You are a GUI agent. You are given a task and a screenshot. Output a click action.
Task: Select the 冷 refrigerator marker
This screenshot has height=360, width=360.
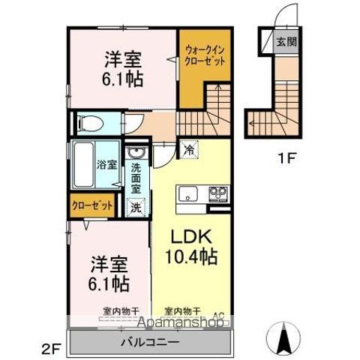(189, 150)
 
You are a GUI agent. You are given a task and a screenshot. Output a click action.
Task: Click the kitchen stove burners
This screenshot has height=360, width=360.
(218, 194)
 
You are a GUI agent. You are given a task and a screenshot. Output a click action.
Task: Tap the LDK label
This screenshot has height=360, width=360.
(190, 235)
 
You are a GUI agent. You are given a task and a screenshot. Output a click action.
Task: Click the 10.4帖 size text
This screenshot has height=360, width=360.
(191, 257)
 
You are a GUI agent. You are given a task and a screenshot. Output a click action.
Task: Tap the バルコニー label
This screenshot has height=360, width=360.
(150, 342)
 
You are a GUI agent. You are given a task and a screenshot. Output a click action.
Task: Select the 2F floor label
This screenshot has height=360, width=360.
(50, 347)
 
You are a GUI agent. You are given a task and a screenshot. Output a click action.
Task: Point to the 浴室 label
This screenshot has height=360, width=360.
(106, 164)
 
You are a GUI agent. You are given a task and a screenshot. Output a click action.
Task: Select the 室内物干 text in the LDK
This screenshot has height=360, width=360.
(182, 310)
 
